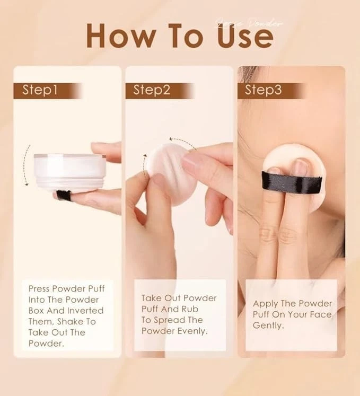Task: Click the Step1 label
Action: (40, 90)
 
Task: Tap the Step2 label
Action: (152, 90)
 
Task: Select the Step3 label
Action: (263, 90)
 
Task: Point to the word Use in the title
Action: (247, 36)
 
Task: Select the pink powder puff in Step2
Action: (166, 172)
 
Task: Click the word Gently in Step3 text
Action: (268, 325)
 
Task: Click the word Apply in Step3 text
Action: (266, 304)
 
